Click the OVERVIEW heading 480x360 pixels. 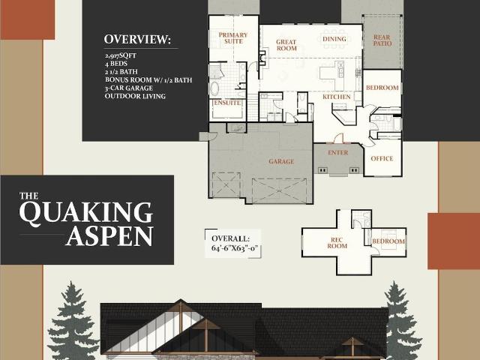click(137, 39)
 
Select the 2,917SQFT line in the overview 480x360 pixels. click(121, 55)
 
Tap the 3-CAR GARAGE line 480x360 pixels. click(128, 88)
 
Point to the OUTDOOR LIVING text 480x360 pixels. click(135, 96)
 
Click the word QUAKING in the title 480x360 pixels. click(86, 213)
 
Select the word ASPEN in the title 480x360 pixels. click(109, 236)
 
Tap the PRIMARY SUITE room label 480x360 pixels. click(233, 38)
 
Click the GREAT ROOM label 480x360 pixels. click(286, 45)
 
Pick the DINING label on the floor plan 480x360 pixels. click(334, 39)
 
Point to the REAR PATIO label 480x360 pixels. click(382, 40)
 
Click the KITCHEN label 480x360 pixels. click(337, 97)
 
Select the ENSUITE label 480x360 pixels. click(227, 103)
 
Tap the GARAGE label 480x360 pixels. click(281, 161)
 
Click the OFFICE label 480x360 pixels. click(382, 158)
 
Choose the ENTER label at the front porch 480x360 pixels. click(338, 152)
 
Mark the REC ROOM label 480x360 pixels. click(337, 243)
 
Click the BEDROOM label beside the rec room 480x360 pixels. click(388, 241)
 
